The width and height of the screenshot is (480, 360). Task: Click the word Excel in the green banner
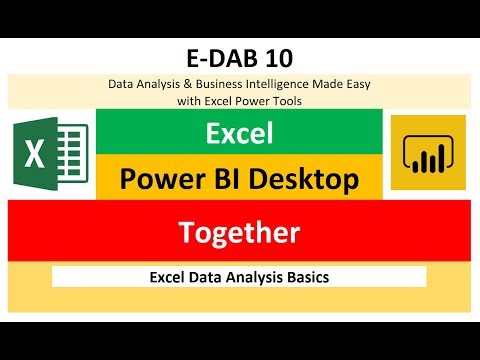tap(239, 132)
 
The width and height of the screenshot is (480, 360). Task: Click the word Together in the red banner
tap(239, 233)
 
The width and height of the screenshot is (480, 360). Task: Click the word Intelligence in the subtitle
tap(274, 85)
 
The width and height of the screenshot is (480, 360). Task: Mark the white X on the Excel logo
tap(36, 157)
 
